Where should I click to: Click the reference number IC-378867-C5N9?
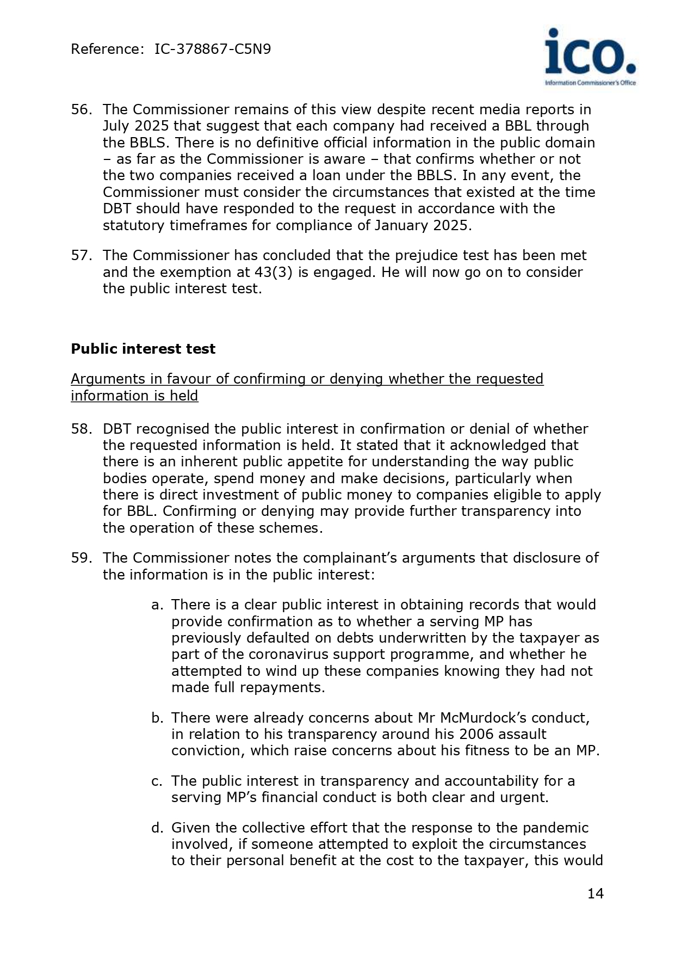point(213,50)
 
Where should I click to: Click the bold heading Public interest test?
point(143,349)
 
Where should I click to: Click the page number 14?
point(595,894)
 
